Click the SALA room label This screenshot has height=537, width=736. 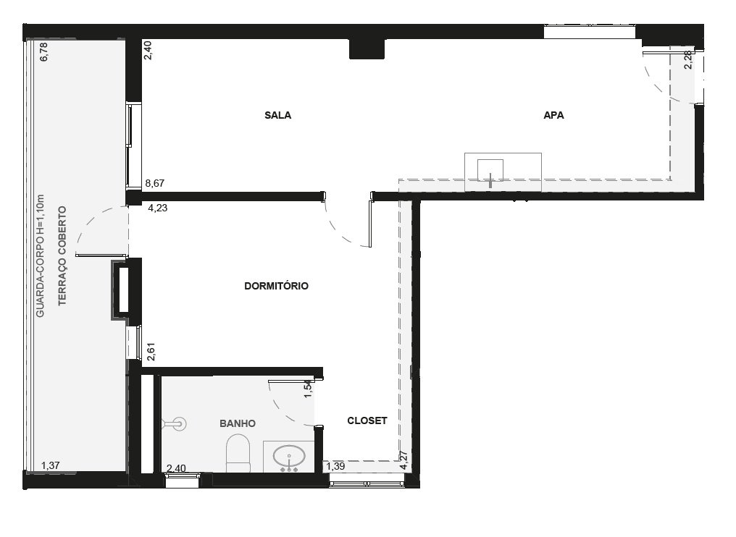click(x=278, y=115)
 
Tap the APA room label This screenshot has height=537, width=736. click(x=554, y=115)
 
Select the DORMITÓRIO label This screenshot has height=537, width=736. click(x=277, y=286)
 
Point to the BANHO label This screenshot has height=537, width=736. click(x=238, y=423)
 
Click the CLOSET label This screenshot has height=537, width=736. click(x=367, y=420)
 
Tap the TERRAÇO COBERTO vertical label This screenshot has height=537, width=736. click(x=62, y=256)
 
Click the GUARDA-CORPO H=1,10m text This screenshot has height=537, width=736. click(x=41, y=256)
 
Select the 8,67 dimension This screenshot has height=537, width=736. click(x=155, y=183)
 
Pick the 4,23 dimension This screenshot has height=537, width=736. click(x=158, y=208)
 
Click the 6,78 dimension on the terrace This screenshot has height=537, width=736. click(x=44, y=51)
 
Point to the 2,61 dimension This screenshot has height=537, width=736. click(x=151, y=352)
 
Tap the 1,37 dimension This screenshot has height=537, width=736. click(x=51, y=465)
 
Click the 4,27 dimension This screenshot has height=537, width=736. click(x=403, y=460)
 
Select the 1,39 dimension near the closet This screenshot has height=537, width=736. click(x=335, y=466)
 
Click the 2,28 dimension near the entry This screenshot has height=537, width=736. click(x=688, y=59)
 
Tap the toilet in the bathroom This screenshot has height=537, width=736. click(x=238, y=453)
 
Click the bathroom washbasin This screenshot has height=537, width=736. click(x=289, y=457)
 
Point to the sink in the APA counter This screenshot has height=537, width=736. click(x=490, y=171)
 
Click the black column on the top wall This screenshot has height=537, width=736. click(x=367, y=48)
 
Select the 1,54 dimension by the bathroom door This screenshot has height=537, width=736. click(x=308, y=389)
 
